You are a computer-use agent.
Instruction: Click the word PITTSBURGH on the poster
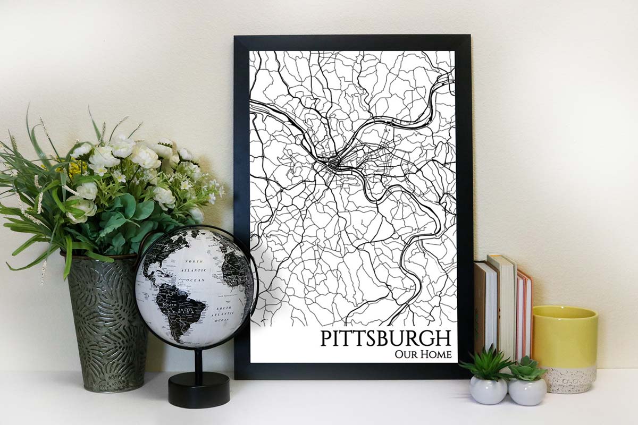385,338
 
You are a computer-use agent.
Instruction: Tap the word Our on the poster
405,354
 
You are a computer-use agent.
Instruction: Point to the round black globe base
199,390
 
